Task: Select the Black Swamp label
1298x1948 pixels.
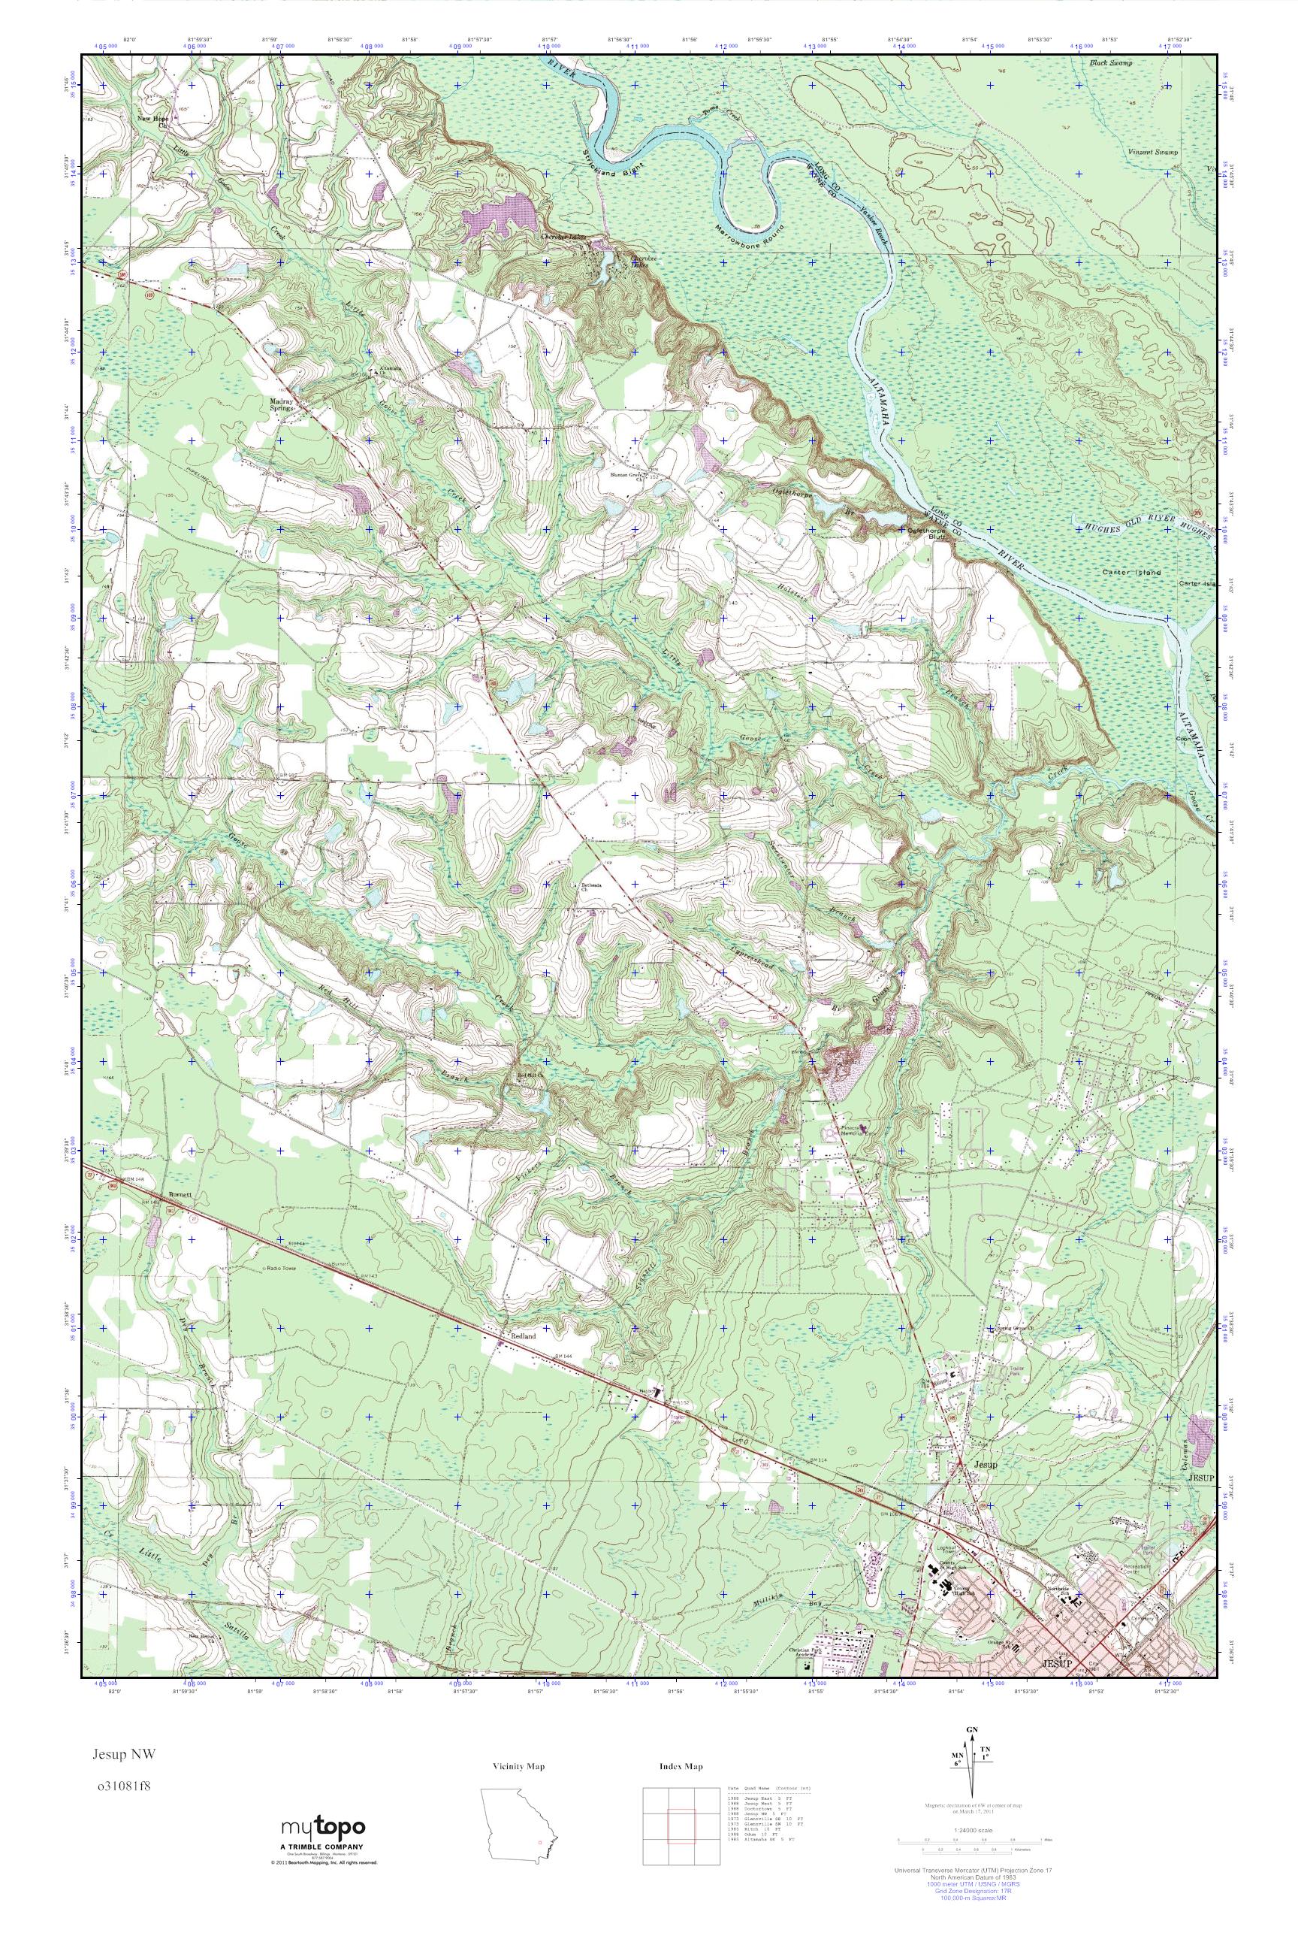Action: coord(1110,63)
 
